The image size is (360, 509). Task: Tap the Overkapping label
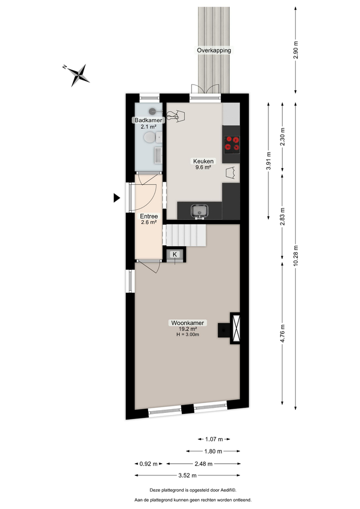(x=214, y=50)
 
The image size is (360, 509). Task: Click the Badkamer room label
(x=148, y=120)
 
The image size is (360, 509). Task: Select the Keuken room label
(x=203, y=161)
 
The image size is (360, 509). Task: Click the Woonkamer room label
(x=188, y=323)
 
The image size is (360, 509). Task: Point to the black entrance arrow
(x=117, y=198)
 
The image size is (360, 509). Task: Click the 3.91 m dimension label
(x=268, y=160)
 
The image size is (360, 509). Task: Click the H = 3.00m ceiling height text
(x=188, y=334)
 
